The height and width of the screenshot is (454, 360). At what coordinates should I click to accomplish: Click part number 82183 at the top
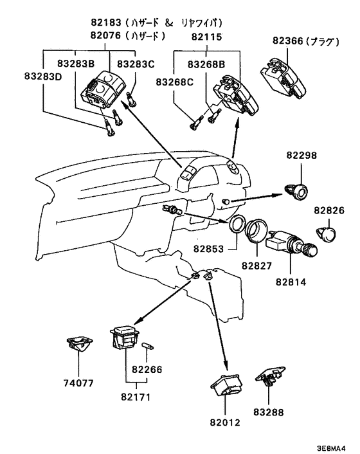click(105, 23)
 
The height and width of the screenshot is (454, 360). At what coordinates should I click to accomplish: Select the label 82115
click(206, 37)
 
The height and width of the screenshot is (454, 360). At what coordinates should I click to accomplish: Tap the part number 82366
click(287, 41)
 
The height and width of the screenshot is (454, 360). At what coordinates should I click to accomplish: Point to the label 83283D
click(43, 77)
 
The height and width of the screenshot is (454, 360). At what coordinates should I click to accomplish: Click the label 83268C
click(174, 82)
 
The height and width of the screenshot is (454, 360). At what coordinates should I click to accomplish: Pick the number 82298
click(302, 155)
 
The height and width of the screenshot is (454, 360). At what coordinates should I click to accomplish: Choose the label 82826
click(329, 210)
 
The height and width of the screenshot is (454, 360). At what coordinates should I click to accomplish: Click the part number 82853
click(209, 249)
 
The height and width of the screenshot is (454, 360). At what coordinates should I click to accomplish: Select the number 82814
click(291, 282)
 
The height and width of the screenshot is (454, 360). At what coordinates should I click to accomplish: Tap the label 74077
click(78, 383)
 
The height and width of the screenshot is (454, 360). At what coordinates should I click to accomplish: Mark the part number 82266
click(147, 370)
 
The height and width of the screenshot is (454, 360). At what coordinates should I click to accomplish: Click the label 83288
click(269, 412)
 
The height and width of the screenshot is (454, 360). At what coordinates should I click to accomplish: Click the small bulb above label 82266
click(148, 347)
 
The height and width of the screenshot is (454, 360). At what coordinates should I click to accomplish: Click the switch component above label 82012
click(226, 385)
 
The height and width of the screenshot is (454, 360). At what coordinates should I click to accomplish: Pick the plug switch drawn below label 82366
click(283, 78)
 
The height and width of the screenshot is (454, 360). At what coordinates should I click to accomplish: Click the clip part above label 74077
click(78, 343)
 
